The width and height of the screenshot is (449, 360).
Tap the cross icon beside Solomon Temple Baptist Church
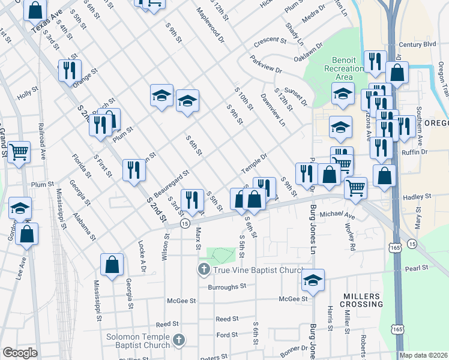(x=178, y=341)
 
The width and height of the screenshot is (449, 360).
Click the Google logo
(x=20, y=353)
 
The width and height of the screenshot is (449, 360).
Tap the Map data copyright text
(x=423, y=355)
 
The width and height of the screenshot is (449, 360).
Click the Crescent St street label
(x=270, y=40)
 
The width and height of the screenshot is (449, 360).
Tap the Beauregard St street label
(x=171, y=182)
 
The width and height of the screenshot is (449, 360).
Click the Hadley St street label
(x=418, y=197)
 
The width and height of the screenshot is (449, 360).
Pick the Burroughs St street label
(x=228, y=286)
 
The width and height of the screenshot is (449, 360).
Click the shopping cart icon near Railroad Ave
(x=19, y=152)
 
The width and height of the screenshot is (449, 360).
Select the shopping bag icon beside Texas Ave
(x=35, y=10)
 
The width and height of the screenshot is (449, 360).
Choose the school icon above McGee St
(x=313, y=279)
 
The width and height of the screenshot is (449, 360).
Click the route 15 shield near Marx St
(x=185, y=223)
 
